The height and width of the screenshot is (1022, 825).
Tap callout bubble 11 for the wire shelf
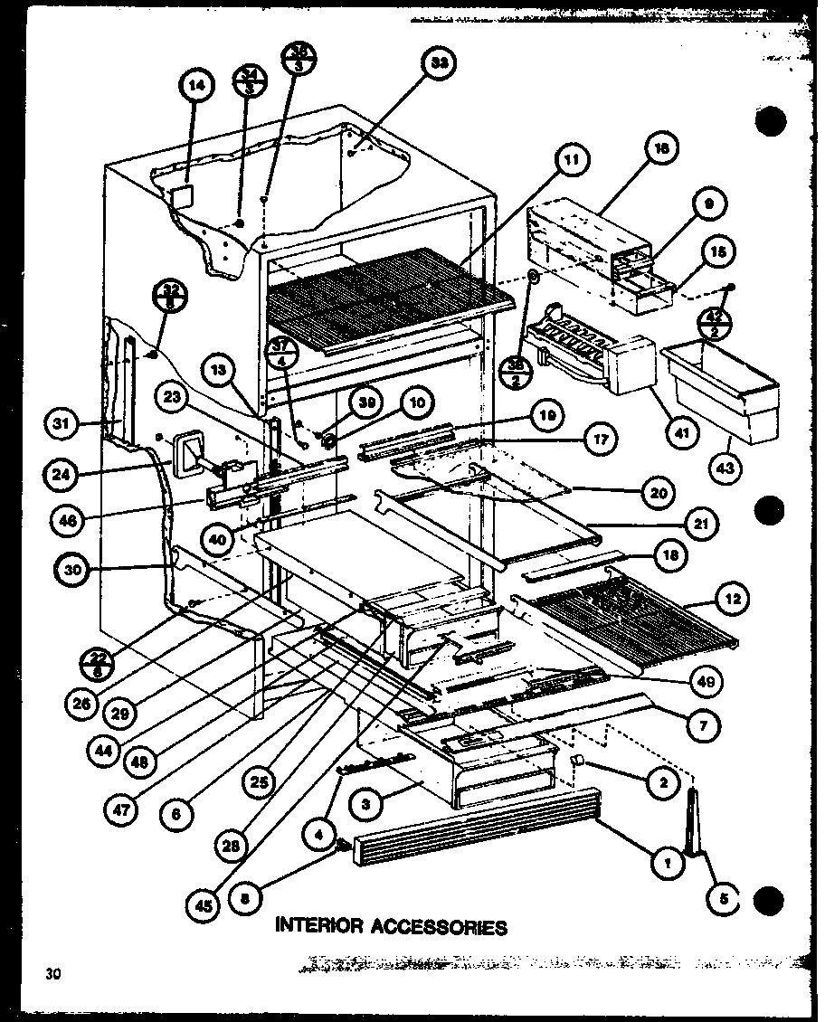[x=571, y=163]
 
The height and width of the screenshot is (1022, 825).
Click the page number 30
[x=52, y=974]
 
